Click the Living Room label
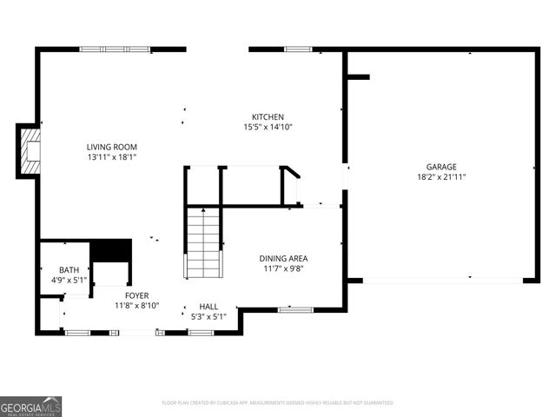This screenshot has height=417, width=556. click(x=111, y=147)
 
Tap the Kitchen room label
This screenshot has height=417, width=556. click(x=268, y=117)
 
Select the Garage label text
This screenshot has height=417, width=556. click(x=440, y=167)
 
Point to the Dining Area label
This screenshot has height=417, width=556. click(x=283, y=258)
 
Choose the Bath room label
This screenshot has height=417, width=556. click(x=69, y=270)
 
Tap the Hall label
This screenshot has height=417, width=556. click(x=208, y=307)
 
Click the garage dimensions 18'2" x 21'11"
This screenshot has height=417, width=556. click(x=440, y=177)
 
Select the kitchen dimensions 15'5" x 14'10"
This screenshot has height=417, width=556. click(x=268, y=128)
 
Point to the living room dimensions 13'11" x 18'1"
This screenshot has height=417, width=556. click(x=111, y=157)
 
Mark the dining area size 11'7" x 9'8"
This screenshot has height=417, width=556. click(x=283, y=268)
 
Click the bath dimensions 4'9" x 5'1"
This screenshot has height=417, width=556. click(x=69, y=281)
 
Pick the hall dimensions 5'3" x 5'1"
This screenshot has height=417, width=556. click(x=208, y=316)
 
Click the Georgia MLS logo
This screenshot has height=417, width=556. click(x=31, y=406)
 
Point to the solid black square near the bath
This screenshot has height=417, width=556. click(x=110, y=249)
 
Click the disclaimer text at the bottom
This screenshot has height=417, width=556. click(x=278, y=403)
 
